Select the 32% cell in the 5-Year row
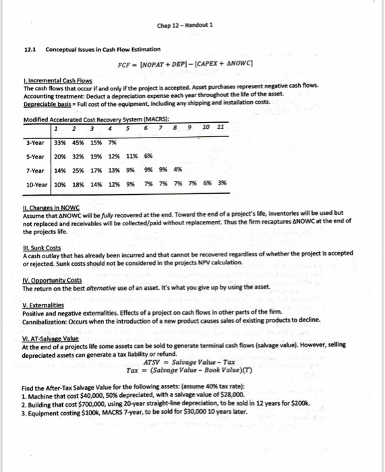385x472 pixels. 76,156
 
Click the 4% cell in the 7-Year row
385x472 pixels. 178,171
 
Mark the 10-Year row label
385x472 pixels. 36,185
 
